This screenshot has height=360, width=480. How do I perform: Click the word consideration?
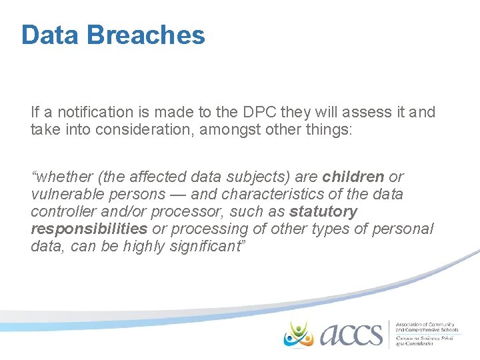point(150,129)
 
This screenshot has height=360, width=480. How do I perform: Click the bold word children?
point(353,177)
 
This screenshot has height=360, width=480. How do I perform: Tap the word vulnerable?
point(69,194)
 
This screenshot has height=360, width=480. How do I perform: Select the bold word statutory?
point(323,212)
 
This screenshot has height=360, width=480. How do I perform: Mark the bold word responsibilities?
point(89,229)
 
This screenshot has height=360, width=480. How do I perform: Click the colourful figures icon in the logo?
point(298,333)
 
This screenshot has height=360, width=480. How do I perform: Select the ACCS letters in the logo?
point(351,334)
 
